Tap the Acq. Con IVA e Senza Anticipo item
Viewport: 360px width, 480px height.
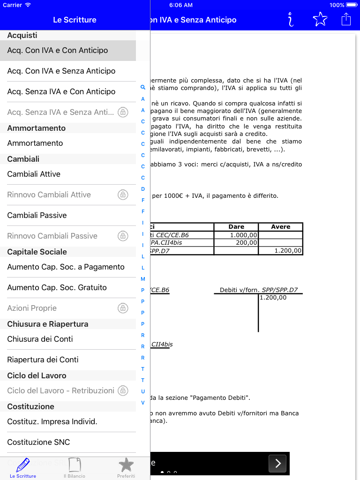click(61, 71)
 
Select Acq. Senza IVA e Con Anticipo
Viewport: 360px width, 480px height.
click(61, 91)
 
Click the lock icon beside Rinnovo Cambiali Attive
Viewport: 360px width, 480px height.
click(122, 195)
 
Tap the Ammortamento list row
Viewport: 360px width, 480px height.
click(35, 143)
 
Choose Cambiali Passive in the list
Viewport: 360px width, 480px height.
click(37, 215)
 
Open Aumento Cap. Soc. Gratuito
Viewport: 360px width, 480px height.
click(57, 287)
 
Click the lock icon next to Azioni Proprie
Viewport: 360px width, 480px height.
click(122, 308)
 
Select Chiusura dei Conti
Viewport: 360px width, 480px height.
click(40, 339)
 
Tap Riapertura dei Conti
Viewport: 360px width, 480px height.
click(43, 360)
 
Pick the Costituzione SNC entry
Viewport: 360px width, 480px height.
click(38, 442)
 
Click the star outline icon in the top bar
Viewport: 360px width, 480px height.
click(320, 19)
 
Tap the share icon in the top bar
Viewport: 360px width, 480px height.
click(346, 19)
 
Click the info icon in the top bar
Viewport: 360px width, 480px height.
click(291, 19)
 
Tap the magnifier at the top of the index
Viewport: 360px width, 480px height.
click(143, 87)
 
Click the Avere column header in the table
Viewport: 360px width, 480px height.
click(280, 227)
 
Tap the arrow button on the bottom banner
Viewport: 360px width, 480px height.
click(277, 464)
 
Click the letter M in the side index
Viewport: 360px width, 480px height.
click(143, 279)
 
